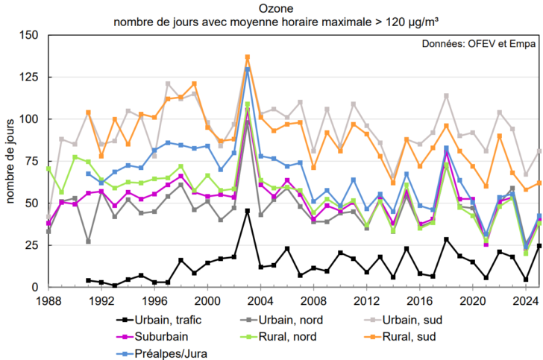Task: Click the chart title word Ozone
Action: click(x=276, y=8)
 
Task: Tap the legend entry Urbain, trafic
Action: click(x=159, y=320)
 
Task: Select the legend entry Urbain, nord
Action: click(x=281, y=320)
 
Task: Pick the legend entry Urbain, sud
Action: click(x=404, y=320)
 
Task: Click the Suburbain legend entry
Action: click(x=152, y=337)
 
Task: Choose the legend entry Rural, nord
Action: click(x=278, y=337)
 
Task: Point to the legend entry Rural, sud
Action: click(x=400, y=337)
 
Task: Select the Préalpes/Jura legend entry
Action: click(x=162, y=354)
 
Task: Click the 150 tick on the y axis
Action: click(x=29, y=35)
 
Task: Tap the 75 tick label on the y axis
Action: click(x=32, y=161)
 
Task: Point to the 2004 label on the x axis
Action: click(x=260, y=301)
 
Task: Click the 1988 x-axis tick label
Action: click(x=48, y=301)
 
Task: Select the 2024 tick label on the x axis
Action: click(x=526, y=301)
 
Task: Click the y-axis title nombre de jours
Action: click(x=10, y=161)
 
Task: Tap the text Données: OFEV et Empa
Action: click(x=479, y=44)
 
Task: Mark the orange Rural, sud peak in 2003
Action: click(x=248, y=57)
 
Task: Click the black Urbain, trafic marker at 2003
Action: click(x=248, y=211)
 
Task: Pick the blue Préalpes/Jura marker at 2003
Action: click(x=248, y=69)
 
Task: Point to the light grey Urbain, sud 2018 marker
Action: click(x=446, y=96)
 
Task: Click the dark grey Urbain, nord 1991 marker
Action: click(x=88, y=241)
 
